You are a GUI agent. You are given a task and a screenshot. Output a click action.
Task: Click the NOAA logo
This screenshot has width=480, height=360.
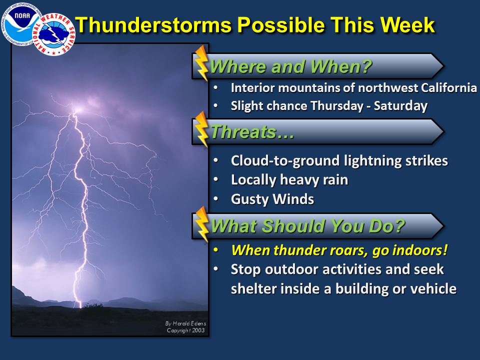(x=21, y=24)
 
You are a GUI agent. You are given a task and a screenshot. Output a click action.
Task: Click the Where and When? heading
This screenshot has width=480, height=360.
(x=291, y=66)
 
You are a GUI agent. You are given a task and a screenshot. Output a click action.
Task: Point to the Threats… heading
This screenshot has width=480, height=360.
(x=252, y=132)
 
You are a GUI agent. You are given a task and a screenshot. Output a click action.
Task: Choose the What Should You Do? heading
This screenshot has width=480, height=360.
(x=307, y=226)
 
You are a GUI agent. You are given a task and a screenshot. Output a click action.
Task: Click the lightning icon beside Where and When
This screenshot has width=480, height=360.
(x=201, y=63)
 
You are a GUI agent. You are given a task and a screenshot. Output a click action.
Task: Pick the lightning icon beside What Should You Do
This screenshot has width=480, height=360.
(x=201, y=224)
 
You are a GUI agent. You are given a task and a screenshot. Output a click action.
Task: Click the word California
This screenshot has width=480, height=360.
(x=449, y=88)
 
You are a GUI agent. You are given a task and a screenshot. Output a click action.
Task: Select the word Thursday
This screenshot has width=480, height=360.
(x=336, y=106)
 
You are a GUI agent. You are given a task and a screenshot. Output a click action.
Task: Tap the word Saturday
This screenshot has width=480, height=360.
(x=400, y=106)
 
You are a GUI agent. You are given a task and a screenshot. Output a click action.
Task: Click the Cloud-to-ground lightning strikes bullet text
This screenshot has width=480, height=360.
(x=339, y=161)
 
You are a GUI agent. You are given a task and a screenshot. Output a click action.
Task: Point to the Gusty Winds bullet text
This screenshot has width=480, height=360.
(x=272, y=199)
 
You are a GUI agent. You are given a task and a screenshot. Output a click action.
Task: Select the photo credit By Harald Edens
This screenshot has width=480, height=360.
(x=185, y=323)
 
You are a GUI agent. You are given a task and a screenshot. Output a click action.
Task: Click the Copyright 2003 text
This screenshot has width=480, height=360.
(x=185, y=330)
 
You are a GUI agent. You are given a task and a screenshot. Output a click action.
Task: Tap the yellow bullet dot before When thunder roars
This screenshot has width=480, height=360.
(x=216, y=250)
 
